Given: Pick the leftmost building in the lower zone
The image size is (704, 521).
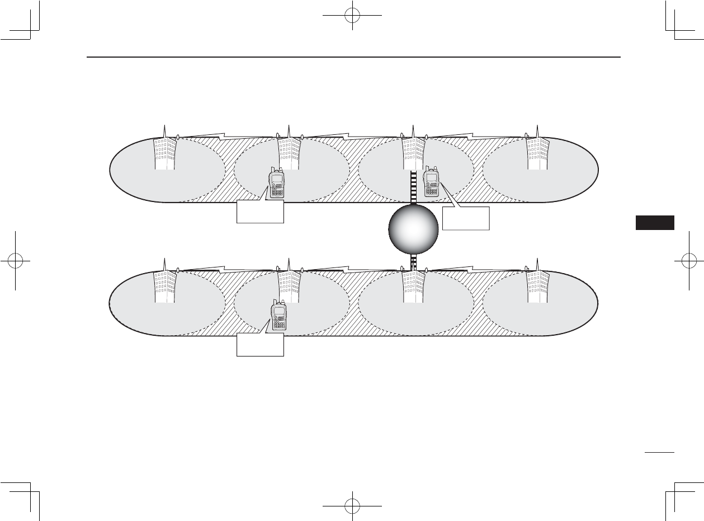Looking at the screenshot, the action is point(165,287).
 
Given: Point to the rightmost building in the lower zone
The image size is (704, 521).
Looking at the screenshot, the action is point(537,287).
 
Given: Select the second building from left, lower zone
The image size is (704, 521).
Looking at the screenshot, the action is point(289,287).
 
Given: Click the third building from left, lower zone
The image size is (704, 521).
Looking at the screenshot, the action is point(413,287).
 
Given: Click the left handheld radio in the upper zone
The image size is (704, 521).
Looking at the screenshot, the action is point(277,184).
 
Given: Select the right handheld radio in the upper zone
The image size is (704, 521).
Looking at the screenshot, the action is point(431,182).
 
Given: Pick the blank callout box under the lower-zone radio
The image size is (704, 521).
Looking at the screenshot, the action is point(260,345).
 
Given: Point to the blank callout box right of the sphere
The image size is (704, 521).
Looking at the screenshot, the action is point(466,218).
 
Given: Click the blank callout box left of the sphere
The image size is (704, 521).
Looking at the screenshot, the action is point(260,212).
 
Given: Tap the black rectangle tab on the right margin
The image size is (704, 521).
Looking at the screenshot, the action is point(655,222).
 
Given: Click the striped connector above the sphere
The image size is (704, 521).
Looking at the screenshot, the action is point(413,188).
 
